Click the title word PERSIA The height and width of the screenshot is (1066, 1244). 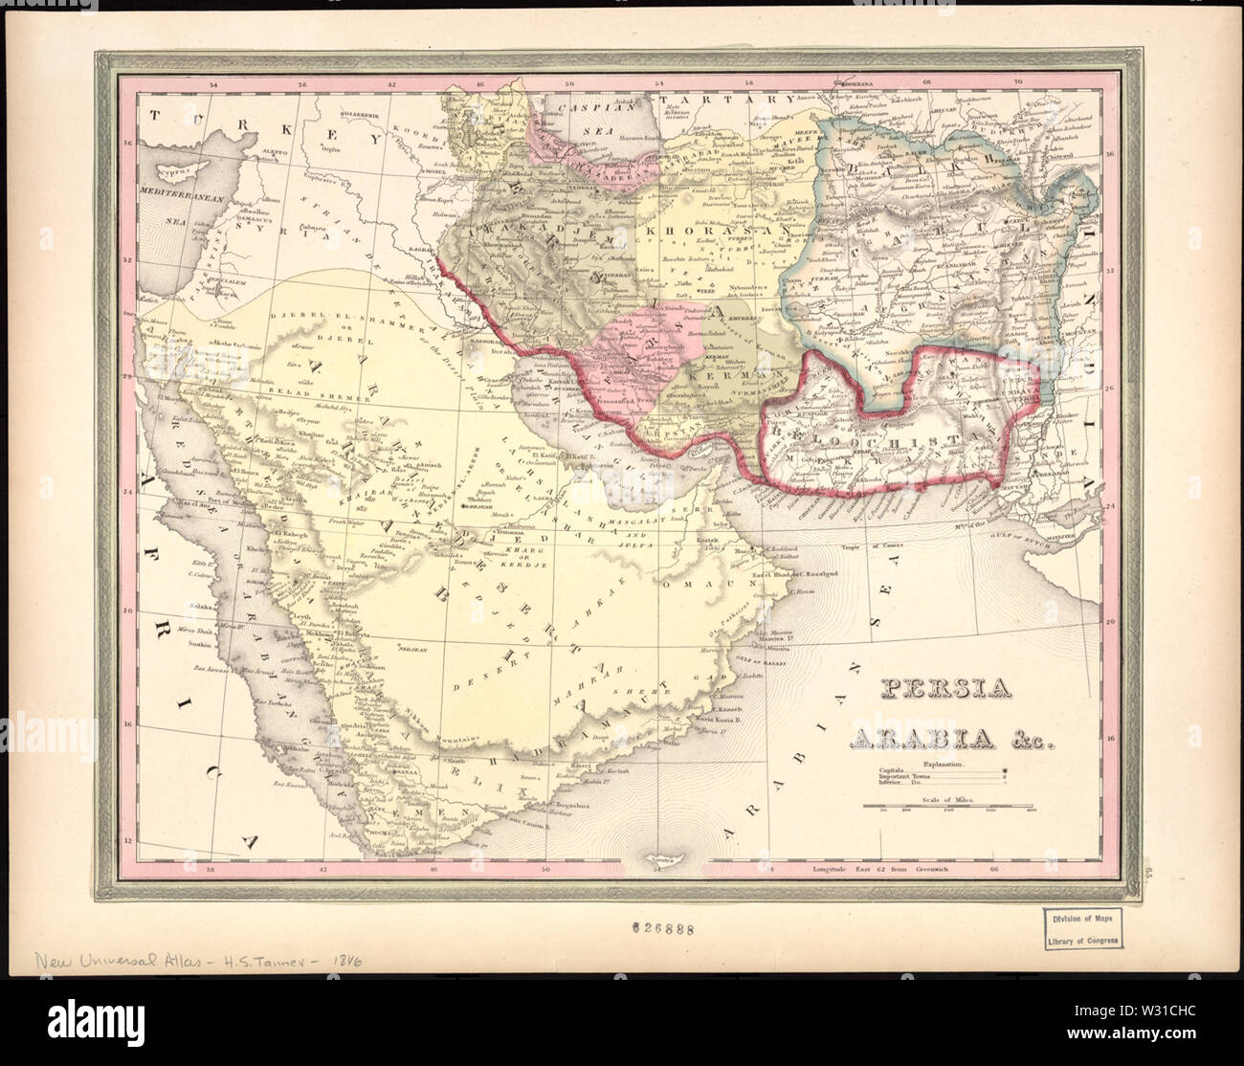point(923,689)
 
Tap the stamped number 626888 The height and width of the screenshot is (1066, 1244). point(662,927)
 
